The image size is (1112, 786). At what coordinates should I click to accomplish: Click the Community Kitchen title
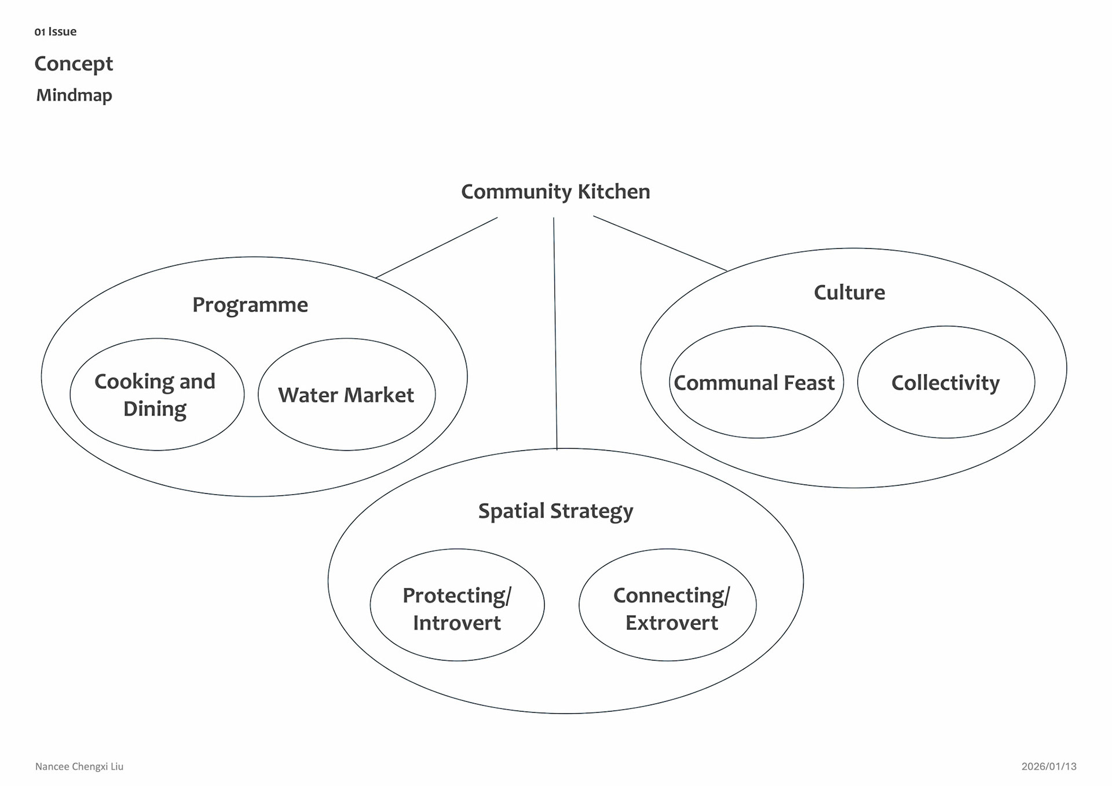pos(555,192)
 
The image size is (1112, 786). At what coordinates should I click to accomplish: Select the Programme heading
pos(250,305)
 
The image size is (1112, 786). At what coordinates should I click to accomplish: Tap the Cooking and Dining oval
pos(156,394)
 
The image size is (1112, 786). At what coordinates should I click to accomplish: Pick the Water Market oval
pos(346,394)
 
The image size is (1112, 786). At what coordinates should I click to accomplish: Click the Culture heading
pos(849,293)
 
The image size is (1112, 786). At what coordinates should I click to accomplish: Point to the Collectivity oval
pos(945,382)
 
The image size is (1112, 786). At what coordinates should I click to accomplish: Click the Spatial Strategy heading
pos(555,511)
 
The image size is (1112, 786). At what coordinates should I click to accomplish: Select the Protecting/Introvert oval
pos(457,605)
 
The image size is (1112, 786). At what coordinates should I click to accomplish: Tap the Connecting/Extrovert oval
pos(668,605)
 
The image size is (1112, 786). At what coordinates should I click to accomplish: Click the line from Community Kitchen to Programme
pos(437,248)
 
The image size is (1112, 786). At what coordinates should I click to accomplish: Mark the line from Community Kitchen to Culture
pos(660,243)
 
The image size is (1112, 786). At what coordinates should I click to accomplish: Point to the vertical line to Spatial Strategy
pos(555,333)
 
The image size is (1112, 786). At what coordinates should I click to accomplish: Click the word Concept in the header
pos(74,64)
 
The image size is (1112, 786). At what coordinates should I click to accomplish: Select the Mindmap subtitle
pos(74,95)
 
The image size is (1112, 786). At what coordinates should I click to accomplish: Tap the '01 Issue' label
pos(56,32)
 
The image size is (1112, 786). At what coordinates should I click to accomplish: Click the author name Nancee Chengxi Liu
pos(79,766)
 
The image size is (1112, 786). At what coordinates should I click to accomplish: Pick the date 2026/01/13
pos(1048,766)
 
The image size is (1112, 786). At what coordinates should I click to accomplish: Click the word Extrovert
pos(671,623)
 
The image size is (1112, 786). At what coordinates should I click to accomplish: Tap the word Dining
pos(155,409)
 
